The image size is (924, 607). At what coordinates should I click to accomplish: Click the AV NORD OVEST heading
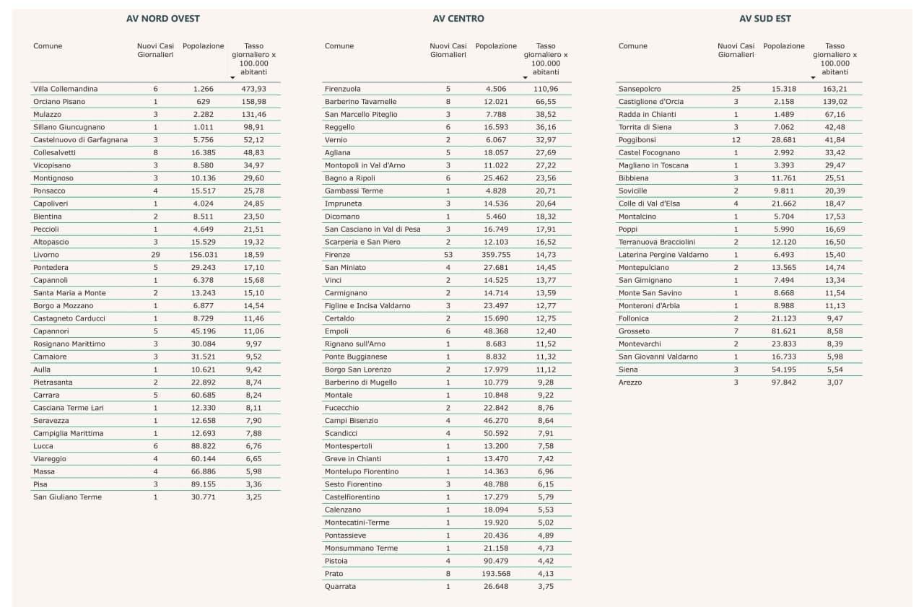click(x=163, y=19)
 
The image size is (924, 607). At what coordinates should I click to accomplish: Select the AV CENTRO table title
click(x=458, y=19)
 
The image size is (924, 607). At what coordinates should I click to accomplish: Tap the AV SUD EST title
click(x=764, y=19)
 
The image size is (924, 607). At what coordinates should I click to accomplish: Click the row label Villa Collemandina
click(x=66, y=89)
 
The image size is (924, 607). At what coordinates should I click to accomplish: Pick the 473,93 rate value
click(x=253, y=89)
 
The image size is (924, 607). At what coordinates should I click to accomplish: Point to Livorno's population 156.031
click(x=204, y=255)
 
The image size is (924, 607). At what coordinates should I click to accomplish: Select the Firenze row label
click(x=337, y=255)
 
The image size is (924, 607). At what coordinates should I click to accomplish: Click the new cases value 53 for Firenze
click(x=448, y=255)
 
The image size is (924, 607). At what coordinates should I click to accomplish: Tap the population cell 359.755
click(x=496, y=255)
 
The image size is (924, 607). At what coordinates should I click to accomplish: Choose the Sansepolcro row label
click(x=640, y=89)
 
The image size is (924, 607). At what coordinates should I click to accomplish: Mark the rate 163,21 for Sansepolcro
click(x=835, y=89)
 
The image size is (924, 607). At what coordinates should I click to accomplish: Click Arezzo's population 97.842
click(x=784, y=383)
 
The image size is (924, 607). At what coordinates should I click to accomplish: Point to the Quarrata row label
click(x=340, y=586)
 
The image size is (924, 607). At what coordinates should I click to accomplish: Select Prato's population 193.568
click(x=496, y=574)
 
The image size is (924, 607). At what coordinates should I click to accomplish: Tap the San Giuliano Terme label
click(x=67, y=497)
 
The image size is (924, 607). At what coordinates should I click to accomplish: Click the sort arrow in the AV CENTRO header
click(x=525, y=78)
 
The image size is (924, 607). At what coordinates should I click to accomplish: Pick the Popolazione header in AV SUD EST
click(x=784, y=45)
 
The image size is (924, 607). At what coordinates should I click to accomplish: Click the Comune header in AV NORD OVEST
click(x=48, y=45)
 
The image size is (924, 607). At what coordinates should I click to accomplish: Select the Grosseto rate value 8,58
click(x=835, y=331)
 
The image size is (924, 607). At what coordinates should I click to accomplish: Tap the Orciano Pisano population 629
click(x=204, y=102)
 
